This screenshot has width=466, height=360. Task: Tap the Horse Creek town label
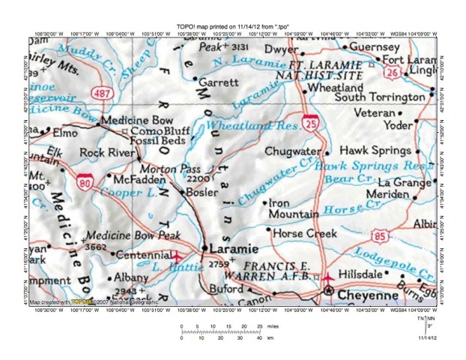tap(305, 233)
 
